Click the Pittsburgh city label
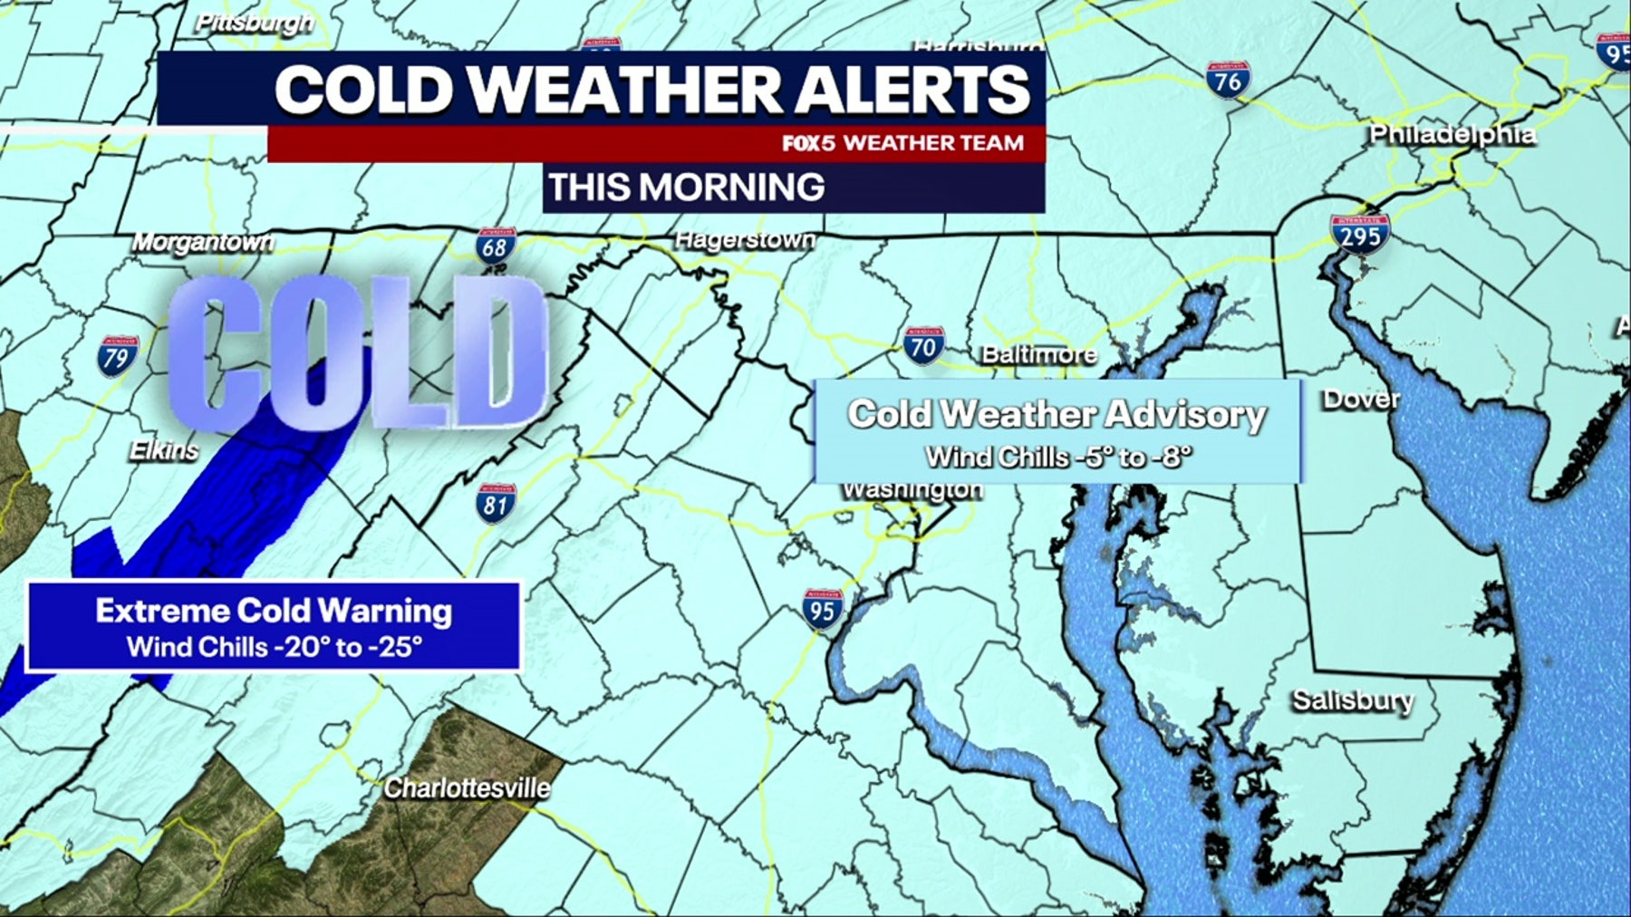(x=255, y=23)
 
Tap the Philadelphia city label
(x=1452, y=134)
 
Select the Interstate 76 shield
(x=1228, y=82)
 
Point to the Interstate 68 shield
(x=496, y=247)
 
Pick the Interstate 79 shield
(x=118, y=356)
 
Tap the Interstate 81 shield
(x=496, y=504)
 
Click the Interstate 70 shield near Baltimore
(x=923, y=346)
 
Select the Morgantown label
(x=203, y=242)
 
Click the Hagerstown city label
(x=745, y=239)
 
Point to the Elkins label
(x=164, y=449)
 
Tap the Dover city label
(x=1361, y=399)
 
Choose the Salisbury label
(x=1353, y=700)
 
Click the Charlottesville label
(x=467, y=788)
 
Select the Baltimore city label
(x=1039, y=353)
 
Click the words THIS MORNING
(x=686, y=188)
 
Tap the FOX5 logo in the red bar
(x=808, y=143)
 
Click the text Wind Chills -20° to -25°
(x=274, y=647)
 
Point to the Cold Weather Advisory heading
(x=1057, y=414)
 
